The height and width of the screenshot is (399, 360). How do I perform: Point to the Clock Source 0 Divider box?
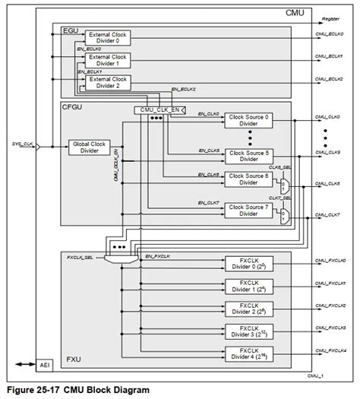(x=255, y=121)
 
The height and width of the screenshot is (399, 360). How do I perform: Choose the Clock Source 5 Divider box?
(x=255, y=156)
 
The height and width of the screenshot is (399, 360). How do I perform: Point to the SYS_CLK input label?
(x=23, y=142)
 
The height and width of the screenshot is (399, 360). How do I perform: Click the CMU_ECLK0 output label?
(x=330, y=34)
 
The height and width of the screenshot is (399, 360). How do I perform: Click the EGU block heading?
(x=69, y=30)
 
